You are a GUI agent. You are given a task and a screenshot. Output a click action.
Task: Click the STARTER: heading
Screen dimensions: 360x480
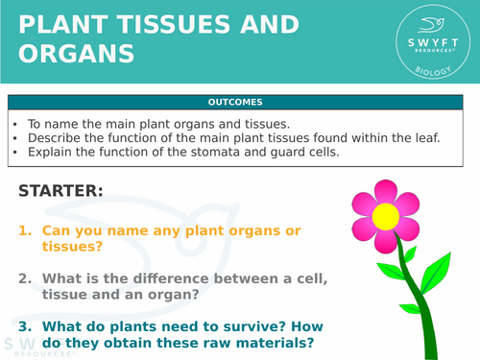tap(60, 191)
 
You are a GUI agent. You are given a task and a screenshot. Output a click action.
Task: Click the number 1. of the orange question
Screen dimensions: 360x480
tap(26, 230)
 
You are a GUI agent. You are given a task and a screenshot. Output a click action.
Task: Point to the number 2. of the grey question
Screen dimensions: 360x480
tap(26, 278)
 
